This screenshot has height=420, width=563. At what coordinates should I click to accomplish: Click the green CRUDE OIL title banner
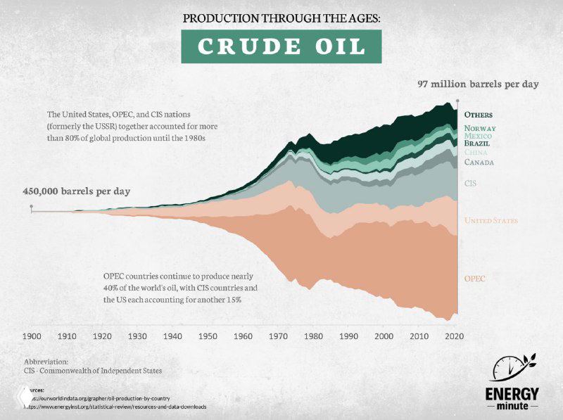281,46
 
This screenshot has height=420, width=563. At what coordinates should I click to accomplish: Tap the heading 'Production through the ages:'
281,18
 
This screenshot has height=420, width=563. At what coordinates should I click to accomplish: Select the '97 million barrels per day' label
478,84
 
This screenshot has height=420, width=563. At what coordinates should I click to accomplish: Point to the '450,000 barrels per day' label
76,191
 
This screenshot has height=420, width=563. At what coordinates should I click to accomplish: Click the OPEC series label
474,279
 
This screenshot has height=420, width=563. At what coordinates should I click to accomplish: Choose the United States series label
491,221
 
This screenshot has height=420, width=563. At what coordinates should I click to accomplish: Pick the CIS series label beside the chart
469,183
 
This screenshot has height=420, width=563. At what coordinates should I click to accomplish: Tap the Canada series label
478,163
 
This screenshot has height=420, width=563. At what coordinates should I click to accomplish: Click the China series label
476,152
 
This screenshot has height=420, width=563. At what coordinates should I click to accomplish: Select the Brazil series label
476,143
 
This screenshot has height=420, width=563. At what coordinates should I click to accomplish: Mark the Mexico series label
478,135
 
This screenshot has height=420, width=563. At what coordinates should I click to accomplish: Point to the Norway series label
479,128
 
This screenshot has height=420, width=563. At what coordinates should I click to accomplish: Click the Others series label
478,115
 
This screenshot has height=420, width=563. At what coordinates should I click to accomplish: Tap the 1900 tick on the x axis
32,336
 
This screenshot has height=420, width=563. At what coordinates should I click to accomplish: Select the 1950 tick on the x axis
208,336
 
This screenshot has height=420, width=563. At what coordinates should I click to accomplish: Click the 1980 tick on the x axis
314,336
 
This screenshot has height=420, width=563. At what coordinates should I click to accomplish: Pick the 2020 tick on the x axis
455,336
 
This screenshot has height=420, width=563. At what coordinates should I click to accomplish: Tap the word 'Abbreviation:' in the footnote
47,362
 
